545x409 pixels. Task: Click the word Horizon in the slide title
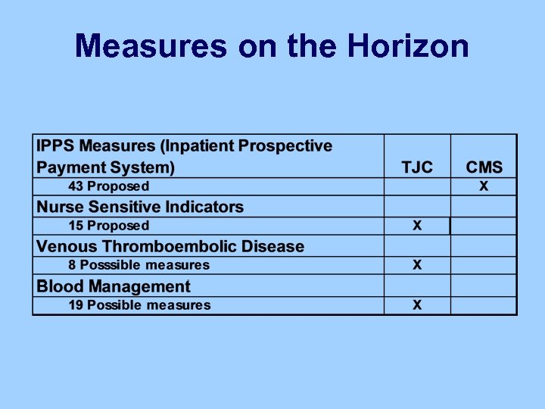pyautogui.click(x=408, y=47)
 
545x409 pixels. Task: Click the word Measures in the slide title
pyautogui.click(x=150, y=47)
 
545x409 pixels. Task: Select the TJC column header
pyautogui.click(x=417, y=167)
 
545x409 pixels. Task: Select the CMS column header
pyautogui.click(x=484, y=167)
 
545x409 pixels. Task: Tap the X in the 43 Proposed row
pyautogui.click(x=484, y=186)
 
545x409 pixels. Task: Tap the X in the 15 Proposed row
pyautogui.click(x=417, y=226)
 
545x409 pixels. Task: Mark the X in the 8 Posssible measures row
pyautogui.click(x=417, y=265)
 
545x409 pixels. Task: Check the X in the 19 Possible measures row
pyautogui.click(x=417, y=305)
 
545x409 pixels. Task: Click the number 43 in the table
pyautogui.click(x=76, y=186)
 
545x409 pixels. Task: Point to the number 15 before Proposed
pyautogui.click(x=76, y=226)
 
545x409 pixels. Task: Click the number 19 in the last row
pyautogui.click(x=76, y=305)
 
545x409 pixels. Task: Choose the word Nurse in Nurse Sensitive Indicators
pyautogui.click(x=61, y=207)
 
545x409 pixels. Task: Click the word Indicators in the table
pyautogui.click(x=205, y=207)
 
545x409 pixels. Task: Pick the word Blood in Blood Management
pyautogui.click(x=60, y=286)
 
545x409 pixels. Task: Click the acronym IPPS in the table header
pyautogui.click(x=56, y=145)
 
